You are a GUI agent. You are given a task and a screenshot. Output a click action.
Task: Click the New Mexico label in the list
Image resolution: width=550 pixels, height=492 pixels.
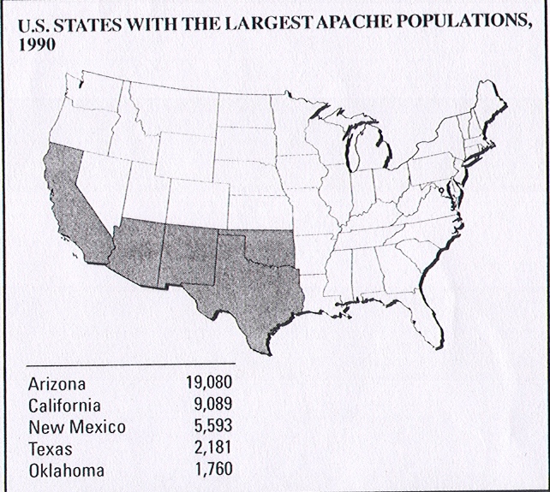[x=76, y=427]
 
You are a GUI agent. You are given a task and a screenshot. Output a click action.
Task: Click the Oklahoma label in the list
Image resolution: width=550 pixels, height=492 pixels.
[x=67, y=470]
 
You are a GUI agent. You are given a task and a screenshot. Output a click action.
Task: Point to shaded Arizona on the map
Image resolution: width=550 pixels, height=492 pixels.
[x=137, y=248]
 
